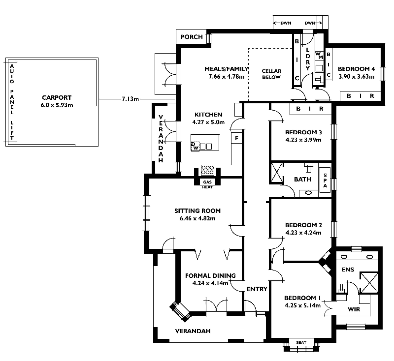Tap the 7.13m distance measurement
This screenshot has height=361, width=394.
(130, 99)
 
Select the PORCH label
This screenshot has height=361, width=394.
(192, 37)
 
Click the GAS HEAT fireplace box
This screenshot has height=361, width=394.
(207, 184)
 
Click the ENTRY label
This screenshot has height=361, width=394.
(257, 289)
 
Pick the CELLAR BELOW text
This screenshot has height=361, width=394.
(271, 74)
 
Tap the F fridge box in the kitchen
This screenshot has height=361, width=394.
(237, 139)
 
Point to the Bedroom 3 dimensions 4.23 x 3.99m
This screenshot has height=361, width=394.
(303, 140)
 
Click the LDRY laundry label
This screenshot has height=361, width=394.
(307, 59)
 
